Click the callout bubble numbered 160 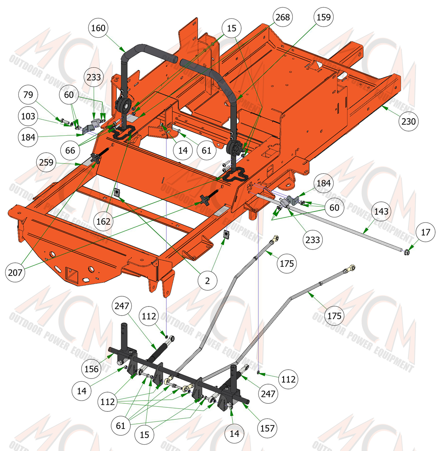(x=98, y=28)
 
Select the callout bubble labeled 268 (x=283, y=17)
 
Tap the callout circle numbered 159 (x=323, y=17)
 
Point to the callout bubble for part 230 (x=408, y=121)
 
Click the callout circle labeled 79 (x=28, y=95)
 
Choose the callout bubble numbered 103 (x=28, y=116)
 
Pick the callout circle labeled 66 (x=70, y=151)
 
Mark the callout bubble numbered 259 (x=46, y=162)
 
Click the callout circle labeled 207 (x=15, y=272)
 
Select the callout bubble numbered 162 (x=103, y=221)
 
